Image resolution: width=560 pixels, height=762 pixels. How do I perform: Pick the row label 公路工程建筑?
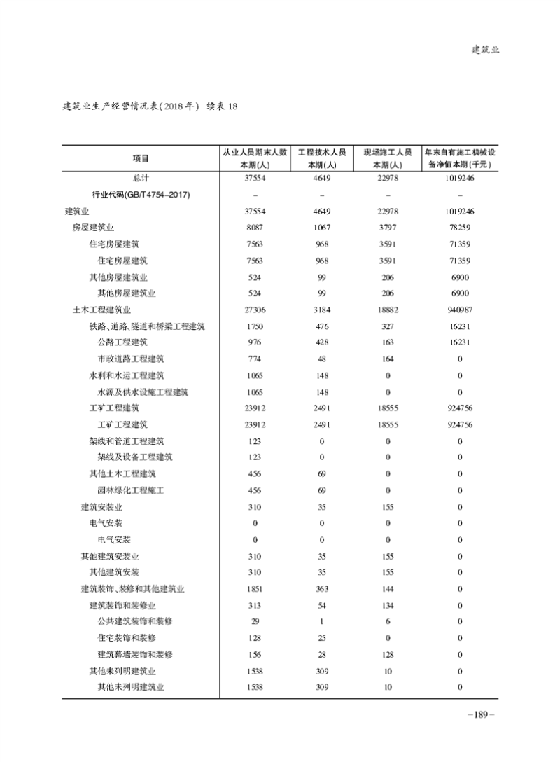(122, 342)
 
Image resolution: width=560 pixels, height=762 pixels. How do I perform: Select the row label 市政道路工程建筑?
(131, 359)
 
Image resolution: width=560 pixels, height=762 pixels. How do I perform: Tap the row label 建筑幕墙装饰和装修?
(135, 654)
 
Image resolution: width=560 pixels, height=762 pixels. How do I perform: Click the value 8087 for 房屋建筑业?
(255, 228)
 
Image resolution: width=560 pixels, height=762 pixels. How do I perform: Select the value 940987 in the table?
(460, 310)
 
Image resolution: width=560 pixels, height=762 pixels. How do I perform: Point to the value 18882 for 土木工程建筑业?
(387, 310)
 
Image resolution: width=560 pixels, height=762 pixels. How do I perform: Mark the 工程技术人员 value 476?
(322, 326)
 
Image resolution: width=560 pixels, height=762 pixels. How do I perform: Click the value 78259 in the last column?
(460, 228)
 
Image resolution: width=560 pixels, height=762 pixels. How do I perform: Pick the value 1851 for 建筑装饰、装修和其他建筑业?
(255, 589)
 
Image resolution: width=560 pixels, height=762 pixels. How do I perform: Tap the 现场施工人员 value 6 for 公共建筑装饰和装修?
(387, 622)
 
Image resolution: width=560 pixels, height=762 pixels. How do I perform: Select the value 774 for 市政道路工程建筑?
(255, 359)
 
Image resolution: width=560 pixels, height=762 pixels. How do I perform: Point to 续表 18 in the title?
(223, 106)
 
